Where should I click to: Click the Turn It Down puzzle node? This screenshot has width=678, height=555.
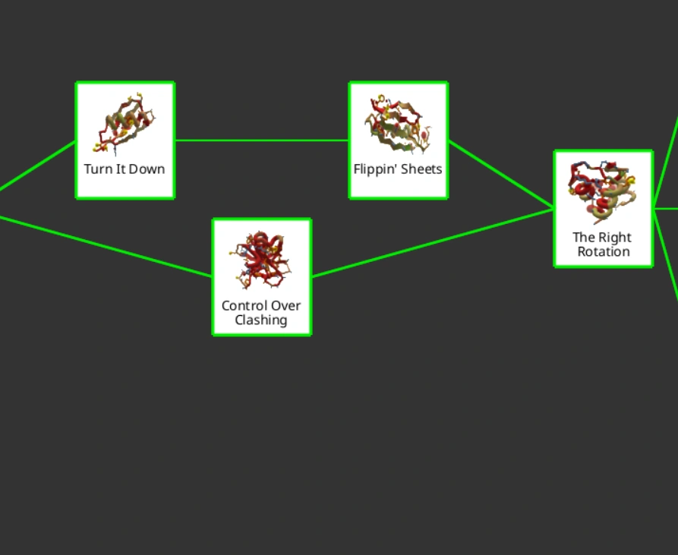point(125,140)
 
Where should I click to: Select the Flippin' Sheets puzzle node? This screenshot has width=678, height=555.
point(398,140)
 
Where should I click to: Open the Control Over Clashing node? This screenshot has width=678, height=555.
point(262,277)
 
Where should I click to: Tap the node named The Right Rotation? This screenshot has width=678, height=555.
point(604,209)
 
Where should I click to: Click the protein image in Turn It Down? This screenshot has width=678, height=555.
point(125,121)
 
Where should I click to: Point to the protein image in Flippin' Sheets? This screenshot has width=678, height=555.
point(397,124)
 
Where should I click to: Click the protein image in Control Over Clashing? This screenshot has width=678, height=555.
point(262,260)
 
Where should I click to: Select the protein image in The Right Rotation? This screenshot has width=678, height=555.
point(604,190)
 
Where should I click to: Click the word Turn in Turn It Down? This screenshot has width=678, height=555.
point(99,169)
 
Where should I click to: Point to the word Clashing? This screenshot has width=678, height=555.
point(261,320)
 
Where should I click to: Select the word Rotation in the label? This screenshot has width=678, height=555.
point(604,251)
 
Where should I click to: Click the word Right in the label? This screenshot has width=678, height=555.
point(613,237)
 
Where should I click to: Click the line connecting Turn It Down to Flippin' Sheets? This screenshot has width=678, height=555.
point(262,140)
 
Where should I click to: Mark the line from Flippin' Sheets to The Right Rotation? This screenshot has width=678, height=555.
point(501,174)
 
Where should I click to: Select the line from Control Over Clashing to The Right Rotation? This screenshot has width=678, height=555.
point(433,242)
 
